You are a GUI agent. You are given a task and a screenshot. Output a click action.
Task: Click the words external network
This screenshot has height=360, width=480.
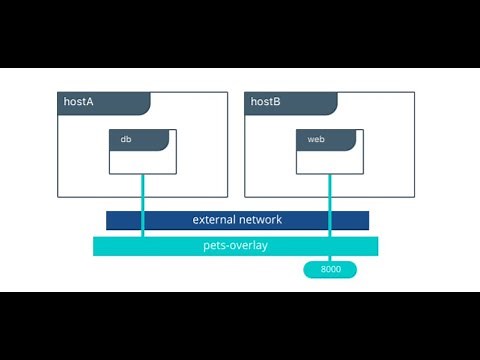tap(237, 220)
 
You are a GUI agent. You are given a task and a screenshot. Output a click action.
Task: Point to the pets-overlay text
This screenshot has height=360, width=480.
tap(236, 245)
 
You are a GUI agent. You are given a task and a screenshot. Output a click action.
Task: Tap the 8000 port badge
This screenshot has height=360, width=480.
tap(328, 269)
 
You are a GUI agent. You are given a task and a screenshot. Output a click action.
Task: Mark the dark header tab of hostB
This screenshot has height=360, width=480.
tap(290, 103)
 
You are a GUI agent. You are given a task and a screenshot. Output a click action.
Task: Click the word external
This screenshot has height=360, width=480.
tap(215, 220)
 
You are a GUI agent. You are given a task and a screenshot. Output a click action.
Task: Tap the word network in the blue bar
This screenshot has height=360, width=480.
tap(261, 220)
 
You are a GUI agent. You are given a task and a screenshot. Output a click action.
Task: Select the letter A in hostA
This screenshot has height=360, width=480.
tap(90, 103)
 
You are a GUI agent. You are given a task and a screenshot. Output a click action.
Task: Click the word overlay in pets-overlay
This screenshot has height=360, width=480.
tap(250, 245)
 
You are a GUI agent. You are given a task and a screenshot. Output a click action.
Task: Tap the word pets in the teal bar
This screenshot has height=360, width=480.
tap(215, 245)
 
